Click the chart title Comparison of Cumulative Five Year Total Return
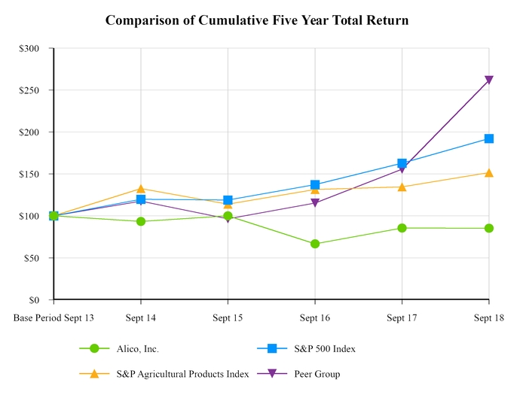[257, 20]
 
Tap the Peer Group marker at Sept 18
[488, 81]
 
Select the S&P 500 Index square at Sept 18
[488, 138]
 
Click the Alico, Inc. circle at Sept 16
[314, 244]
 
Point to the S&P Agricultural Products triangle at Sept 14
[141, 189]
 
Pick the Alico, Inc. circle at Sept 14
[141, 221]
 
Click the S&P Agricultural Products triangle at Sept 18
[488, 172]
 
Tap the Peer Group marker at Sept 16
[314, 203]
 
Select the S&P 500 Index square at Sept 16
[314, 184]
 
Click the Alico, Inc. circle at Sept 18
[488, 228]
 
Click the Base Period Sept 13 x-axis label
[54, 317]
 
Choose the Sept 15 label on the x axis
[228, 317]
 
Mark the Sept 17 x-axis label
[401, 317]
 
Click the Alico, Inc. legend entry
[137, 348]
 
